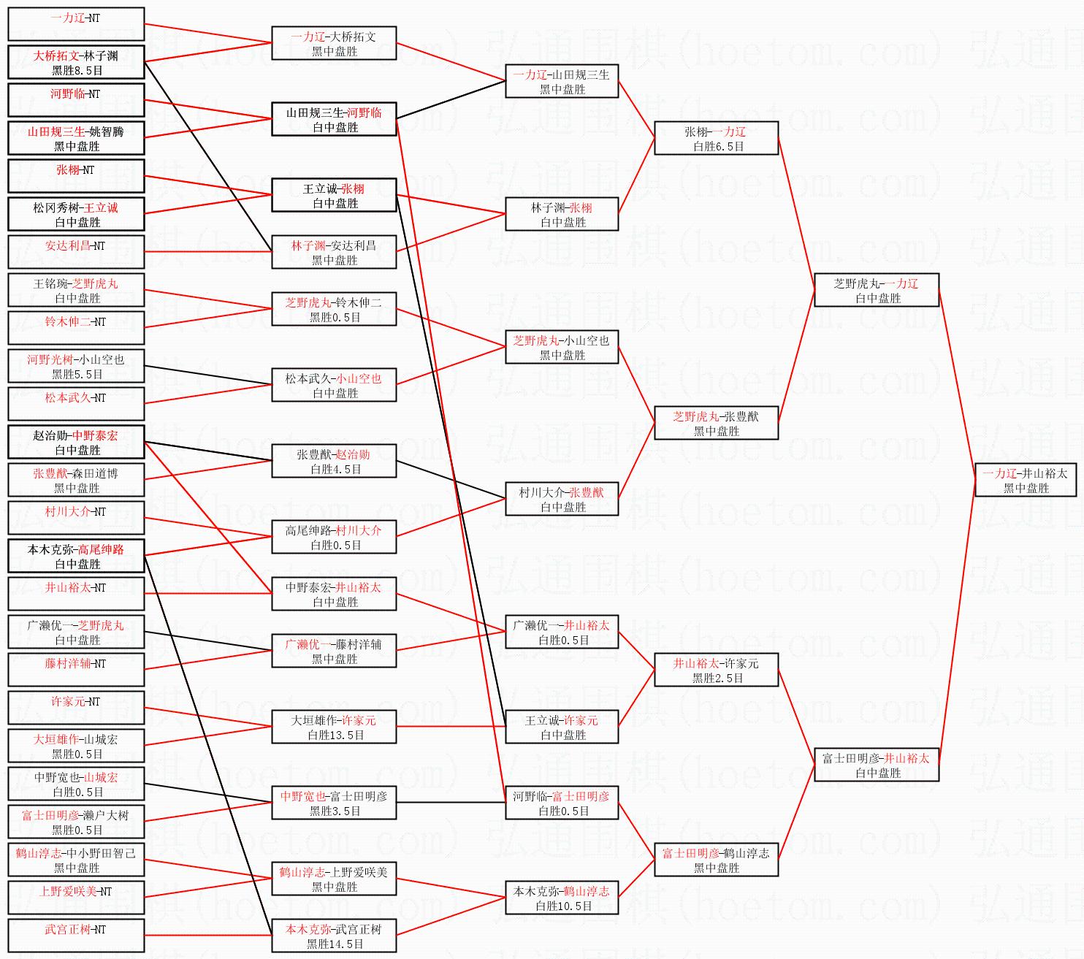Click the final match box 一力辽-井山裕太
(x=1025, y=480)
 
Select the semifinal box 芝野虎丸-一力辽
(x=877, y=290)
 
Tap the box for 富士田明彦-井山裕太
(x=877, y=764)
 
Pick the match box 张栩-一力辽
(x=716, y=138)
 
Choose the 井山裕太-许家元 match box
(x=716, y=670)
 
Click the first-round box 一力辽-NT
(x=76, y=24)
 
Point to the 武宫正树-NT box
(x=76, y=936)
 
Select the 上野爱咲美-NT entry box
(x=76, y=898)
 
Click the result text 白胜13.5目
(x=335, y=736)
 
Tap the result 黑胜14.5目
(x=335, y=944)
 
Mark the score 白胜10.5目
(x=563, y=906)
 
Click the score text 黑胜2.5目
(x=718, y=678)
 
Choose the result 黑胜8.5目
(x=77, y=71)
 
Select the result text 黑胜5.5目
(x=77, y=375)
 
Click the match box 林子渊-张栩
(x=562, y=214)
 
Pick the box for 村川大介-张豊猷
(x=562, y=499)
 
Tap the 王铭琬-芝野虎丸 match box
(x=76, y=290)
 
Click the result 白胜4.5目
(x=335, y=470)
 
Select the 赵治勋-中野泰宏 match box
(x=76, y=442)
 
